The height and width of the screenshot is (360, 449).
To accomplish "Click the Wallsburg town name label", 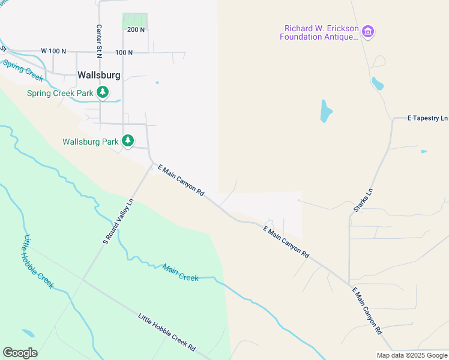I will click(99, 76).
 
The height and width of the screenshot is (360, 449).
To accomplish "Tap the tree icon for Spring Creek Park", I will click(103, 92).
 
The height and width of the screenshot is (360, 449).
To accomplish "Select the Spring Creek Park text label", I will click(60, 93).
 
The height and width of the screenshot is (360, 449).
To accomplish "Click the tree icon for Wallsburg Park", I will click(128, 140).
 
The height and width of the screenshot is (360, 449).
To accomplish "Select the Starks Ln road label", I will click(363, 200).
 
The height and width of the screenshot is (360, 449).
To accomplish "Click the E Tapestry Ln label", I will click(427, 118).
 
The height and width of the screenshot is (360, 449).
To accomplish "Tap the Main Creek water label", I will click(180, 273).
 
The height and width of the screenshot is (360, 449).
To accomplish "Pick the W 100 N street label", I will click(53, 52).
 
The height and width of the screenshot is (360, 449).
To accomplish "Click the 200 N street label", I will click(136, 29).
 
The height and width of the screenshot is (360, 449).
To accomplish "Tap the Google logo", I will click(20, 352).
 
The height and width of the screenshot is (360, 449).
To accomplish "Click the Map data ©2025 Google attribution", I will click(412, 355).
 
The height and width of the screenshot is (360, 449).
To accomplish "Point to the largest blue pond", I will click(326, 111).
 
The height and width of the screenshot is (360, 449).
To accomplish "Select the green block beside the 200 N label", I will click(135, 20).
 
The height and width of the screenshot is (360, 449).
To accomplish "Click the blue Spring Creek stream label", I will click(23, 70).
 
